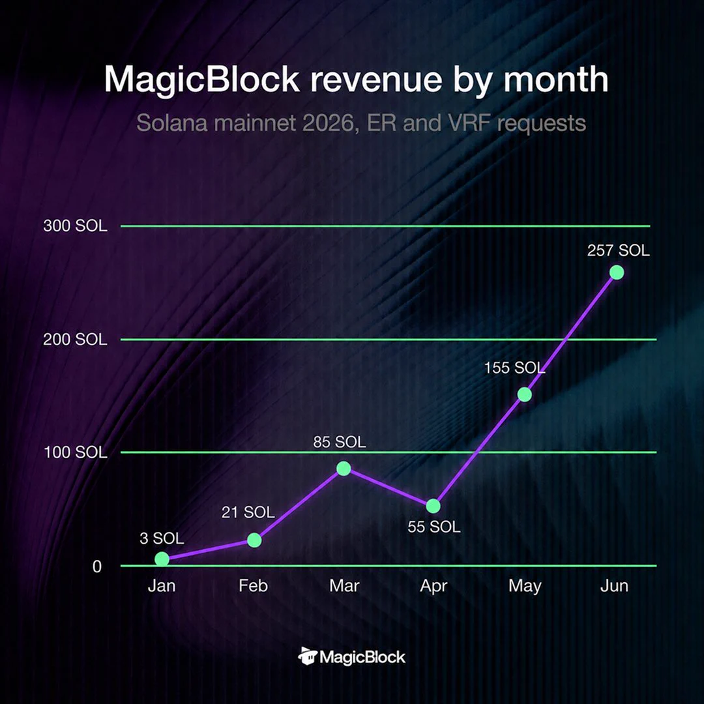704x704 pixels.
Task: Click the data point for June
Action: (x=617, y=272)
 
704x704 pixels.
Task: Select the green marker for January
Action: (x=162, y=559)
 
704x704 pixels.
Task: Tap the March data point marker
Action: (x=344, y=468)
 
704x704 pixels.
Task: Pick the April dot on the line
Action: (x=433, y=506)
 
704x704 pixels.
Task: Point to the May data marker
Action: (x=524, y=394)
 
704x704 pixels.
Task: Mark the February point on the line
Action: (x=254, y=540)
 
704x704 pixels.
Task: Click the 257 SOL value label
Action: (x=618, y=250)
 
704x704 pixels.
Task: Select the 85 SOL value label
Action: (x=340, y=442)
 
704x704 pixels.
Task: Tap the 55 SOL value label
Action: (x=433, y=526)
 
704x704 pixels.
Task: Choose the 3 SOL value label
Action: (x=162, y=538)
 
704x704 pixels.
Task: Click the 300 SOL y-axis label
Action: (x=76, y=226)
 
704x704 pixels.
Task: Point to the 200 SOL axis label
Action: (x=76, y=339)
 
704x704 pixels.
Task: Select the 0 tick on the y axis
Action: (x=97, y=566)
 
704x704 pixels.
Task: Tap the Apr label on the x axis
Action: (x=433, y=586)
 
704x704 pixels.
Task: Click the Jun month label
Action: (x=614, y=585)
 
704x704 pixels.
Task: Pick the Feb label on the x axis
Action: (x=253, y=585)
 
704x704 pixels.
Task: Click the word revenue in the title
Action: (x=377, y=80)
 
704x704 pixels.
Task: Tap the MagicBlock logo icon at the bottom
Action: (x=308, y=656)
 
